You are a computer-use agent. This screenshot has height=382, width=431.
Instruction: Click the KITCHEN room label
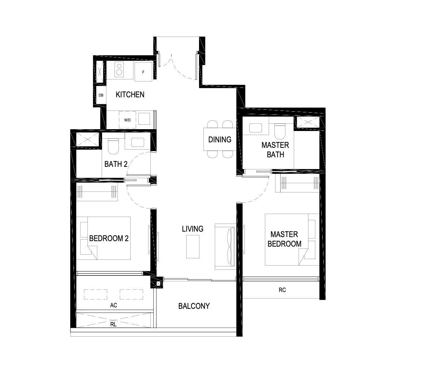(130, 94)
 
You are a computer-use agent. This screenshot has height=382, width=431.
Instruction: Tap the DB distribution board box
(101, 95)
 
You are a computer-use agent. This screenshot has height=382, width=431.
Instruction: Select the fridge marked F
(143, 72)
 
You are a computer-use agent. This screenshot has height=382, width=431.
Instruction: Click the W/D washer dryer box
(127, 120)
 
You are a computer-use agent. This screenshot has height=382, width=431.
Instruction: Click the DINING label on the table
(220, 140)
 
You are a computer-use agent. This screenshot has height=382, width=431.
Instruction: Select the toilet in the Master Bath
(280, 131)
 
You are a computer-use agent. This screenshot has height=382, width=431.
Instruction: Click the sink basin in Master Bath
(256, 128)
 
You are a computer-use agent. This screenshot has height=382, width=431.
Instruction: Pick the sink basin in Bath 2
(138, 142)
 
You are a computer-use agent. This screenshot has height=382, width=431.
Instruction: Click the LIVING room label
(193, 229)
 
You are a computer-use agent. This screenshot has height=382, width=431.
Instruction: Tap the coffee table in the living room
(193, 247)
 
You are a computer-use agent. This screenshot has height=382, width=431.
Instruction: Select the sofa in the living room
(225, 247)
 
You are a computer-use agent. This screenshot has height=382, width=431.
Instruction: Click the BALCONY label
(194, 306)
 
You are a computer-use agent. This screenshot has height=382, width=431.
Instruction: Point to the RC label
(282, 290)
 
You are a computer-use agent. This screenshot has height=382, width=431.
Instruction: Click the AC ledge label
(113, 305)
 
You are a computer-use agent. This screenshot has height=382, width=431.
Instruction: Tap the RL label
(113, 324)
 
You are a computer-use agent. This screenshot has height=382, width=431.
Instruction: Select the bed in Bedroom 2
(103, 238)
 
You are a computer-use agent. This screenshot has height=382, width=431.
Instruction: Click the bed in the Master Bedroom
(292, 240)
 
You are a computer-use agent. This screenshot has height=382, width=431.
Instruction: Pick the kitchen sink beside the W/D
(144, 119)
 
